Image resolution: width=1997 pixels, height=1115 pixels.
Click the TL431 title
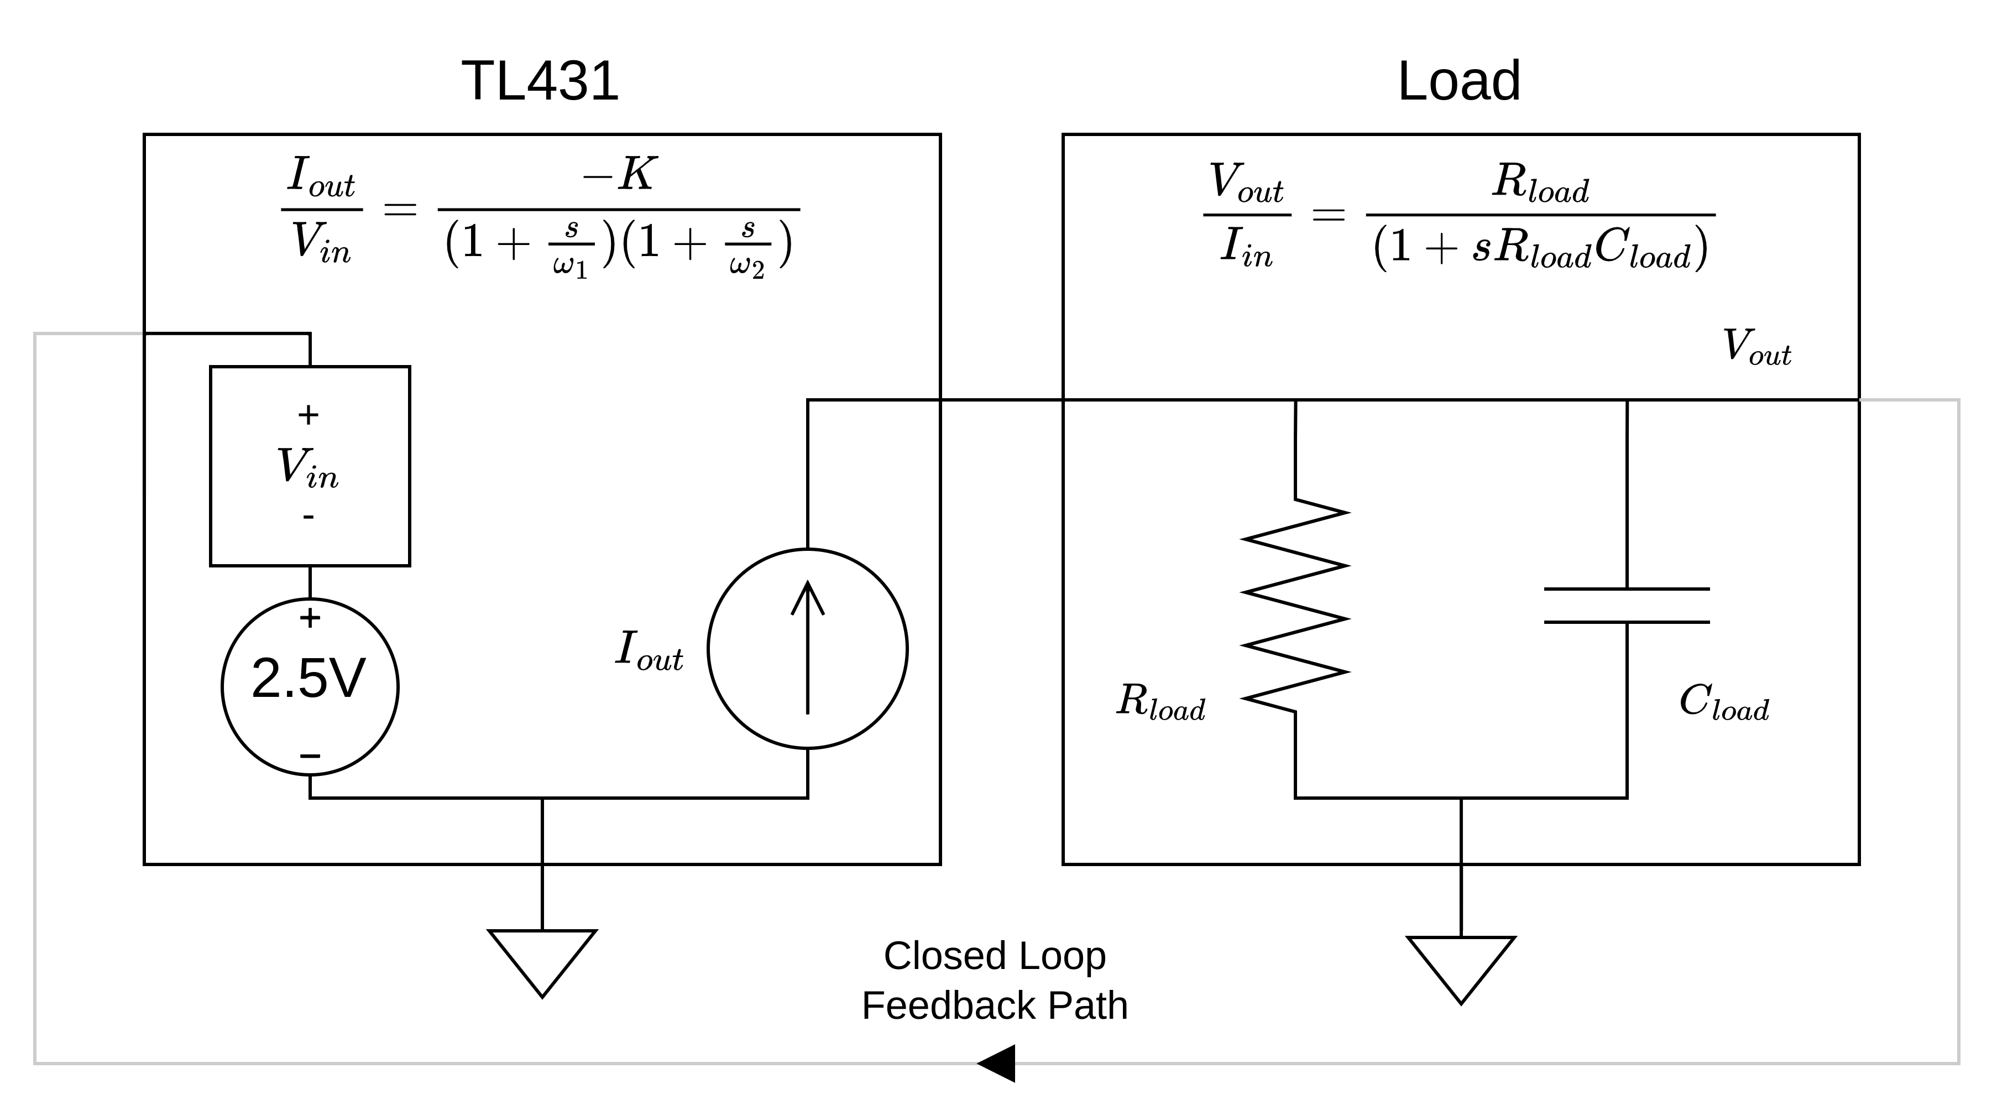tap(540, 81)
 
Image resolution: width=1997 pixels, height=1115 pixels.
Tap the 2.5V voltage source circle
tap(310, 686)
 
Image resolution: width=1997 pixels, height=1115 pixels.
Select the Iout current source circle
tap(807, 649)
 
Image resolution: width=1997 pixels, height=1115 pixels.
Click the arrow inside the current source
tap(807, 648)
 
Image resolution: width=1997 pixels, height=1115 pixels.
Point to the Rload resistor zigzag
tap(1295, 606)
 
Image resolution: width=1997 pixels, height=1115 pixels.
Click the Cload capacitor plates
tap(1627, 606)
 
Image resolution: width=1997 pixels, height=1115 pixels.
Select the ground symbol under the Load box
tap(1461, 968)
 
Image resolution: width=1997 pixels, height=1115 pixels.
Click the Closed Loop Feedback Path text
tap(995, 981)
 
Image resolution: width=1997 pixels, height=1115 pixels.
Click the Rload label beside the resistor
tap(1160, 702)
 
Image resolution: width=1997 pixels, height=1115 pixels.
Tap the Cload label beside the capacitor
tap(1724, 702)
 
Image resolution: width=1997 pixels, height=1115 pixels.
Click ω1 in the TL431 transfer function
tap(571, 266)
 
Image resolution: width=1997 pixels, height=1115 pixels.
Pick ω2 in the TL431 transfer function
tap(746, 266)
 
